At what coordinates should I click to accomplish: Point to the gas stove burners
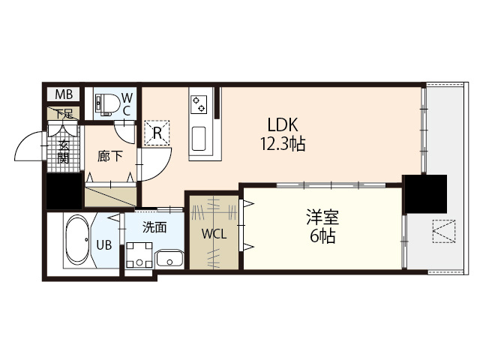click(x=200, y=103)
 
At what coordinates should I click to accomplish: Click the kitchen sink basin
click(x=199, y=139)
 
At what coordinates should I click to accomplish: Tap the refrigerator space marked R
click(x=158, y=133)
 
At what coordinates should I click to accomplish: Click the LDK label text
click(x=281, y=124)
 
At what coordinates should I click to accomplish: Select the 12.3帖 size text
click(x=282, y=144)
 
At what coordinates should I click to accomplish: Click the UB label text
click(x=104, y=244)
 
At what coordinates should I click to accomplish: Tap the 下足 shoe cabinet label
click(x=64, y=114)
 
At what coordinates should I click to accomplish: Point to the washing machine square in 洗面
click(x=137, y=255)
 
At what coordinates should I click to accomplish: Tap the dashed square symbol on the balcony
click(x=443, y=231)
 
